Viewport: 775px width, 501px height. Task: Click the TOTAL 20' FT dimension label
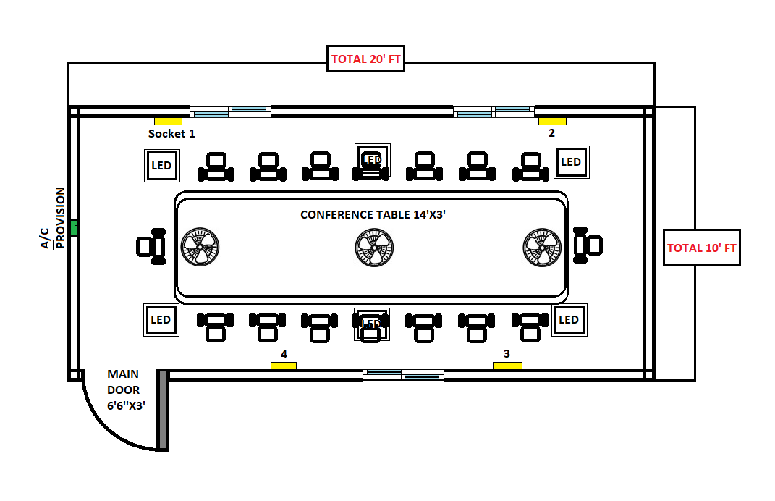[x=365, y=59]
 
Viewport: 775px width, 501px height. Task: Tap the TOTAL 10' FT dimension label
[x=701, y=248]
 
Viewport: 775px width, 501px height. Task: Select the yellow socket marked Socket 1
[x=167, y=121]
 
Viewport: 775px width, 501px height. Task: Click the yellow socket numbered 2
[x=552, y=121]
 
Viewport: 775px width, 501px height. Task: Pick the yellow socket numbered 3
[x=507, y=366]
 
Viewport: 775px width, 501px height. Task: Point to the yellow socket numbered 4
[x=284, y=366]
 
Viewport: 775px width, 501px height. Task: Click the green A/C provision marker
[x=73, y=227]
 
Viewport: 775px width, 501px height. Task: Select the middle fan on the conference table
[x=374, y=248]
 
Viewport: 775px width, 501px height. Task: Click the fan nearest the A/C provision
[x=199, y=248]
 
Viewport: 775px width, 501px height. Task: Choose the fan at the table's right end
[x=542, y=248]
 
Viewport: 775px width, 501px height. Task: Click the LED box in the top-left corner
[x=162, y=166]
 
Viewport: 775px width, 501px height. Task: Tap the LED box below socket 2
[x=571, y=162]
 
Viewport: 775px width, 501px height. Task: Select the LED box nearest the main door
[x=161, y=320]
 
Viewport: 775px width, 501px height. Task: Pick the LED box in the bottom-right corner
[x=569, y=320]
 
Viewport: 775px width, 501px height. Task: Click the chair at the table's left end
[x=151, y=246]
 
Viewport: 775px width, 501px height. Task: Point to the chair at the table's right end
[x=587, y=245]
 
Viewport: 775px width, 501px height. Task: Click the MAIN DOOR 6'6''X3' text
[x=124, y=390]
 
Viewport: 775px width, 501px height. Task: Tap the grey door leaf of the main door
[x=163, y=410]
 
